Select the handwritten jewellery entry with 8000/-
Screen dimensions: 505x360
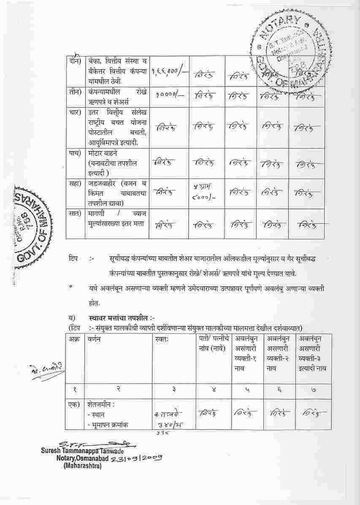[x=201, y=192]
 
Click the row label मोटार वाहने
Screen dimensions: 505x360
[x=100, y=154]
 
